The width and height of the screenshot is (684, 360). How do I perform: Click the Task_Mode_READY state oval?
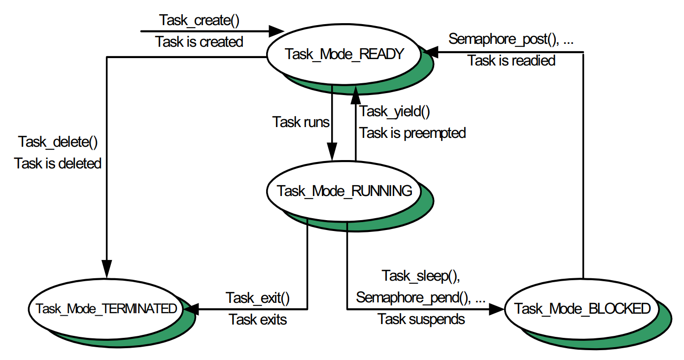344,54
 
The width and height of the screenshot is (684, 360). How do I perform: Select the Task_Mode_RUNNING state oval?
344,191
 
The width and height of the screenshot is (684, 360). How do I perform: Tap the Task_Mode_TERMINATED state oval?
105,309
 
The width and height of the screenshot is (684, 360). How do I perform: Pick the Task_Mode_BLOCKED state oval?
582,309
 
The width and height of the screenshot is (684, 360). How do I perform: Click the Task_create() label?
199,20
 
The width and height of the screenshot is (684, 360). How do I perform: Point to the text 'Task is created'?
199,42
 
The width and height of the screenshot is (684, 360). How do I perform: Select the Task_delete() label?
58,142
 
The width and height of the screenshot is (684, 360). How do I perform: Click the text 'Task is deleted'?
58,163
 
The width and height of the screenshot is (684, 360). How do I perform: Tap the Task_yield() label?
395,111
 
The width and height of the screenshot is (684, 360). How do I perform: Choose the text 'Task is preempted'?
412,133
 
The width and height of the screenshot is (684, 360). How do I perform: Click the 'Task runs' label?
301,122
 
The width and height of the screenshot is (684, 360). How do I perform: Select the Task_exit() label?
258,298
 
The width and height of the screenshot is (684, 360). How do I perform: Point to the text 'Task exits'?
258,320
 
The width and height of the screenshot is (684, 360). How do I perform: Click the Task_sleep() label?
421,276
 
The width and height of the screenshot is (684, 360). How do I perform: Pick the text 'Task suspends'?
421,319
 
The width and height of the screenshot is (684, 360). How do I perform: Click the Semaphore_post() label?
511,39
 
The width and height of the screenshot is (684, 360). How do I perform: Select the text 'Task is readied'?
511,61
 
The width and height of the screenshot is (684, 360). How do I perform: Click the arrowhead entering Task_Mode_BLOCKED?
497,309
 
